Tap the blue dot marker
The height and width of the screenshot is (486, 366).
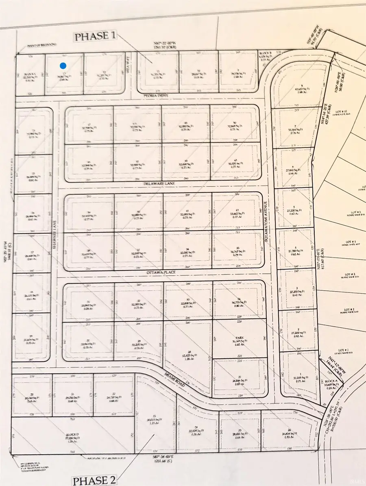(x=63, y=65)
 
